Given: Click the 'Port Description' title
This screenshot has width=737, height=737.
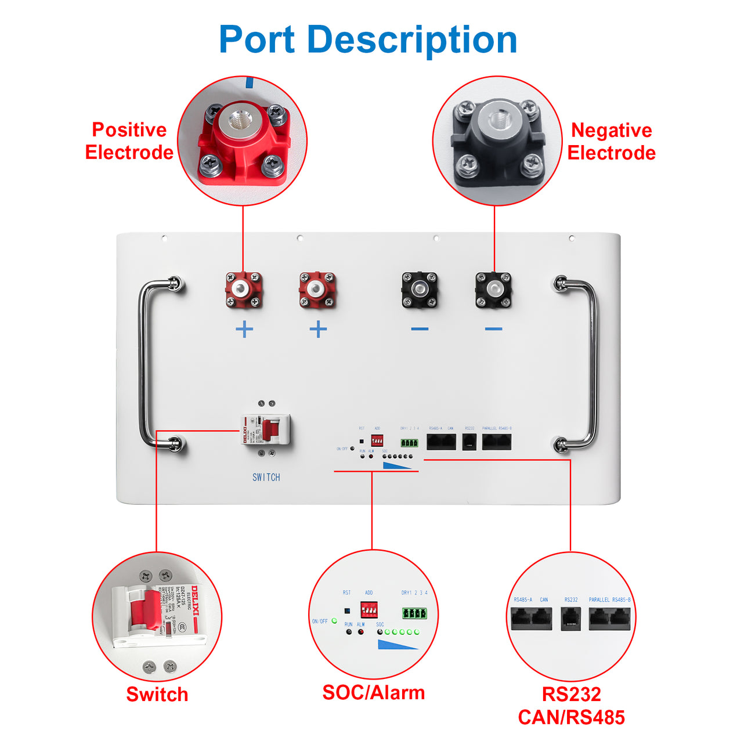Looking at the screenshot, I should pos(368,39).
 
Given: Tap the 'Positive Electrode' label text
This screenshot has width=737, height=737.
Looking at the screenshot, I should pos(129,141).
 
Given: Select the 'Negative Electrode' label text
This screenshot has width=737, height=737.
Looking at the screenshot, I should pos(611,142).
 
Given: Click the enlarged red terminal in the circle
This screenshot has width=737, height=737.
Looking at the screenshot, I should pos(243,142).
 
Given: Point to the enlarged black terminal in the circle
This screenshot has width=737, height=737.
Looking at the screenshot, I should pos(497,141).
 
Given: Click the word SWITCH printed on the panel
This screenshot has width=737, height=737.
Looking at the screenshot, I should pos(266,477).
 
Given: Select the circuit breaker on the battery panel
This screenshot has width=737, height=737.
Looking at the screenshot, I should pos(266,430).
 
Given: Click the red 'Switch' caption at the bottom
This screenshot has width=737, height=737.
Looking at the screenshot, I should pos(157,694).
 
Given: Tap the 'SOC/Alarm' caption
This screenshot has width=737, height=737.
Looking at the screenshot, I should pos(373,692).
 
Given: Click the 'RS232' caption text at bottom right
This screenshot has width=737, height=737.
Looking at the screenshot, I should pos(571,694).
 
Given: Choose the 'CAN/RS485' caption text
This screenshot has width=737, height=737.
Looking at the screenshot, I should pos(571,717).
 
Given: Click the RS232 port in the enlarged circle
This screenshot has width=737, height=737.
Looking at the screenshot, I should pos(571,619).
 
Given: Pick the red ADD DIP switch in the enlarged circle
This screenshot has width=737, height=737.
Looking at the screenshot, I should pos(369,610).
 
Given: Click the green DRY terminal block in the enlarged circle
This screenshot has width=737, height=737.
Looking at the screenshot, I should pos(414,613).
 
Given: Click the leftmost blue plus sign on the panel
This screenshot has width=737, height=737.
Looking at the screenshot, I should pos(244,330).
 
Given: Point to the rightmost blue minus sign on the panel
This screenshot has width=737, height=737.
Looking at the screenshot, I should pos(493,329).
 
